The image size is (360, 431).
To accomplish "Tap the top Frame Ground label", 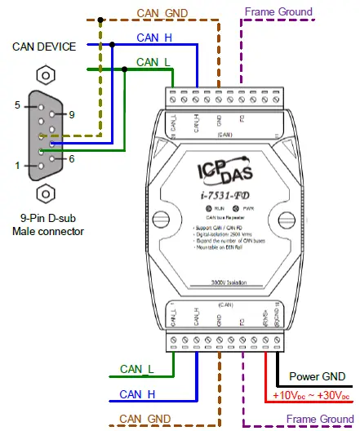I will (278, 11).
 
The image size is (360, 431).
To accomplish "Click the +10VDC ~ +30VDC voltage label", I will (313, 396).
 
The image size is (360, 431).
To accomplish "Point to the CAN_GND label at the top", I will (163, 12).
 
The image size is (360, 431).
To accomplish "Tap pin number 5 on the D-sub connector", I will (16, 105).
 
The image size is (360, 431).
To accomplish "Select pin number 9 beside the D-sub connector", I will (72, 113).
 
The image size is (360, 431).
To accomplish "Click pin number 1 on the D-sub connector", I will (16, 166).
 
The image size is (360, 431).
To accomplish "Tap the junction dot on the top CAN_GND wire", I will (100, 20).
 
